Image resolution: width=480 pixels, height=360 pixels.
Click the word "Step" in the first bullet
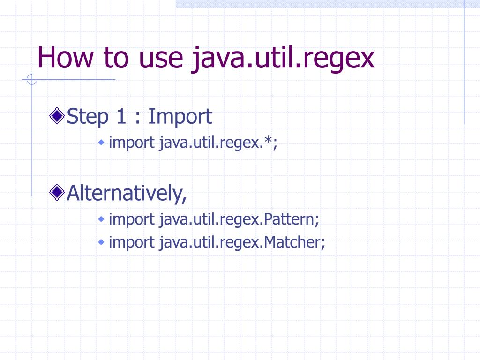88,117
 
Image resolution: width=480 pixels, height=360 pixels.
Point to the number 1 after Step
121,116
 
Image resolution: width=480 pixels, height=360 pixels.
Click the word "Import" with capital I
180,117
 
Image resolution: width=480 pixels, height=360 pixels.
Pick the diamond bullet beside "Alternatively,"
57,192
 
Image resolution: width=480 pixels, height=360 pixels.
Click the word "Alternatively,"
127,193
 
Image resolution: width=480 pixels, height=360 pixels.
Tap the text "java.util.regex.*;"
218,142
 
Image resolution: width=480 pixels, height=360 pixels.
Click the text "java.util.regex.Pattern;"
239,219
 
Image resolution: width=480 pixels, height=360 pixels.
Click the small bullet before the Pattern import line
101,218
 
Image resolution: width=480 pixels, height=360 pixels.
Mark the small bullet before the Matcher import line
101,242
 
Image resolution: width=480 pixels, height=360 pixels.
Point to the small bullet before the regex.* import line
101,142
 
